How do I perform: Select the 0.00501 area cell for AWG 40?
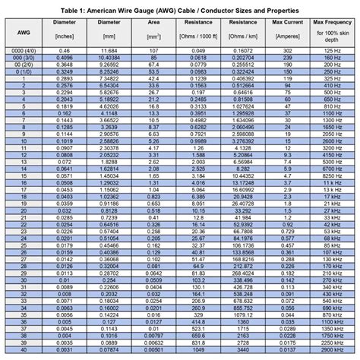[x=153, y=352]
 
